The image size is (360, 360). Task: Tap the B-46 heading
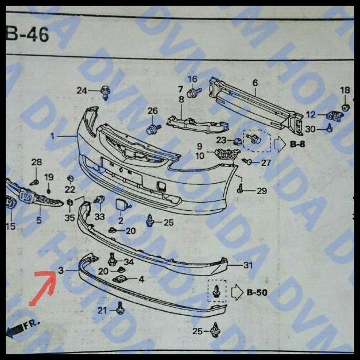point(28,35)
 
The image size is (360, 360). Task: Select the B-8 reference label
point(297,144)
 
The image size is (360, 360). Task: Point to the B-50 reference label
point(257,293)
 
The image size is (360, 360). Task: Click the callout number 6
point(255,83)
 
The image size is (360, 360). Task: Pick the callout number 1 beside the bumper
point(52,136)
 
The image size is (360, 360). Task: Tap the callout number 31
point(248,265)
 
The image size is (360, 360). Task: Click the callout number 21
point(102,311)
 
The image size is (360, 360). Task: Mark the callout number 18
point(344,90)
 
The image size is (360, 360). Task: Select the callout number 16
point(192,79)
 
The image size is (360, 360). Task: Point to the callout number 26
point(152,110)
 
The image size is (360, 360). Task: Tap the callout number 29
point(262,190)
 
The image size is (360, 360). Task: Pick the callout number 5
point(38,220)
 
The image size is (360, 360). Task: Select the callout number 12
point(311,115)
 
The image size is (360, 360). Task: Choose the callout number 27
point(265,162)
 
